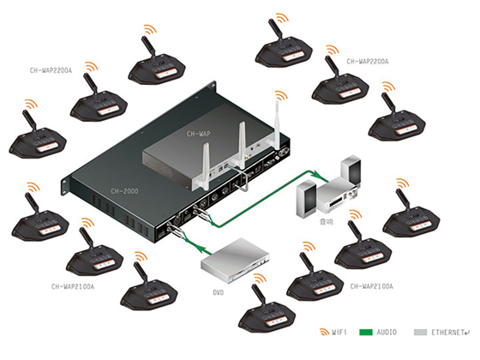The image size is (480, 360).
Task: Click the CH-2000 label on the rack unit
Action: point(124,191)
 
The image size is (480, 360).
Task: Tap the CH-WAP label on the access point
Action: point(198,134)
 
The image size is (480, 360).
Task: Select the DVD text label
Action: point(219,292)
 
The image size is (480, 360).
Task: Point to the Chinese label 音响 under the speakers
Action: point(326,221)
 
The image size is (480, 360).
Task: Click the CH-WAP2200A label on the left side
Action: point(51,70)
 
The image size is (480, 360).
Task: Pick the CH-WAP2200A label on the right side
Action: point(368,62)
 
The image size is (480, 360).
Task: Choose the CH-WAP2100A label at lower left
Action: point(73,286)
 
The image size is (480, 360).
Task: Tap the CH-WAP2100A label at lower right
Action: point(371,286)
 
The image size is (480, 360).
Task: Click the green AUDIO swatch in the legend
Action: point(366,333)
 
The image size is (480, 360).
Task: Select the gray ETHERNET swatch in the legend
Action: point(420,333)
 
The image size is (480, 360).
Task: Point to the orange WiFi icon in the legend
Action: point(324,332)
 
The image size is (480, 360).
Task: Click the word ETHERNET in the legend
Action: point(447,333)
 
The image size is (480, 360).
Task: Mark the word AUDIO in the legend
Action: point(387,333)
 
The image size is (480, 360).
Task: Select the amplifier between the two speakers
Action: point(338,195)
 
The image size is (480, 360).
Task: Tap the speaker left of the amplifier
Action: point(307,199)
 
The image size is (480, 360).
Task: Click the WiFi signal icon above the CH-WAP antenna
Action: point(281,95)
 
